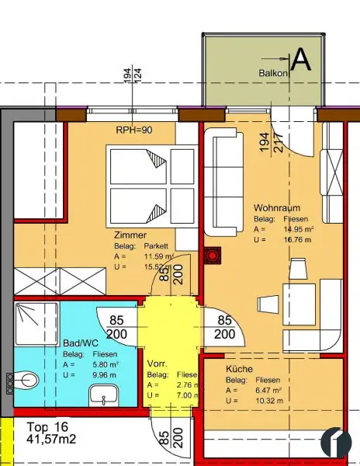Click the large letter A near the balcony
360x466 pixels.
tap(300, 61)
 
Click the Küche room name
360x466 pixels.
tap(238, 370)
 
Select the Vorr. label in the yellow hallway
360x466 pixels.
tap(157, 363)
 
